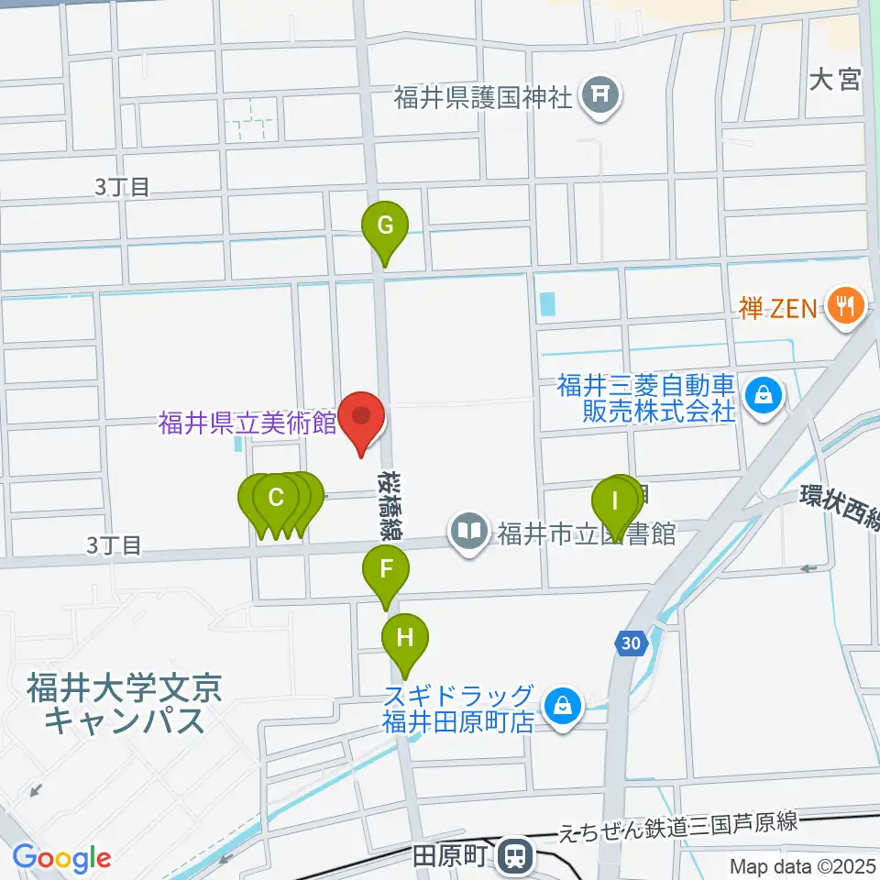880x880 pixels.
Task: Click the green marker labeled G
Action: click(385, 225)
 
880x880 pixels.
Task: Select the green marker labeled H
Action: click(405, 635)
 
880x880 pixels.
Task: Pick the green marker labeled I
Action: click(615, 501)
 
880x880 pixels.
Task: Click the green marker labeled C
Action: click(275, 500)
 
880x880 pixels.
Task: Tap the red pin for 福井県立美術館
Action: click(362, 417)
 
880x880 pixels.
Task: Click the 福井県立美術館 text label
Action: click(247, 423)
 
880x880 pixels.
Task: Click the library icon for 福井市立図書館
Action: click(470, 532)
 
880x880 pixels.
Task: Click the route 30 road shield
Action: click(629, 644)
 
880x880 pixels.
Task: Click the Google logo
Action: click(61, 858)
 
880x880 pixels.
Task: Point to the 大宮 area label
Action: click(835, 81)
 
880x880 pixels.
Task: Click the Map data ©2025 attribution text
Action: click(803, 865)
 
